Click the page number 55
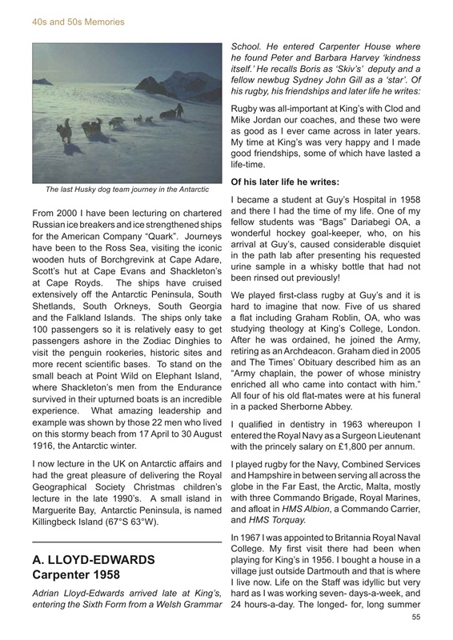[415, 617]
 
